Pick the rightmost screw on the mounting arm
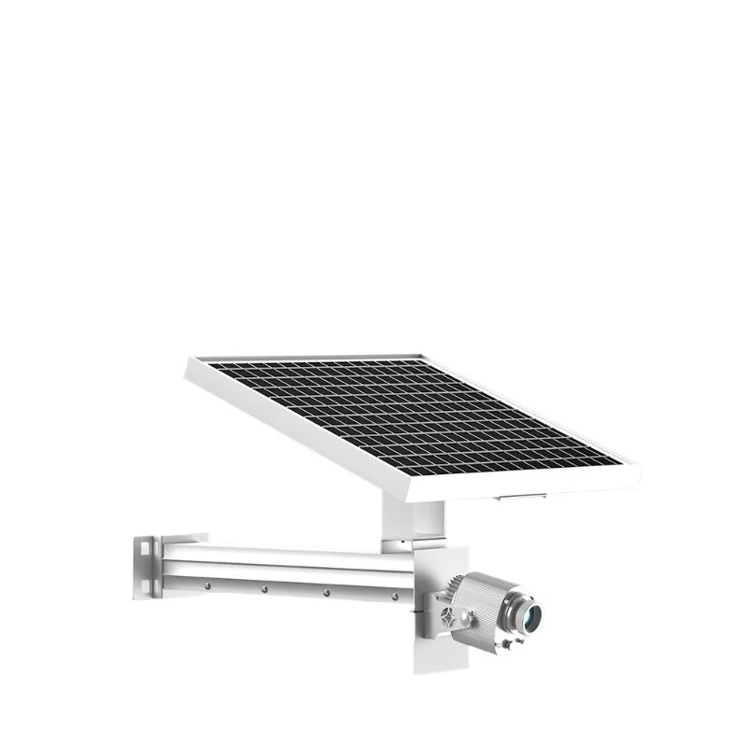pos(395,595)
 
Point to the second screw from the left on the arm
pos(265,589)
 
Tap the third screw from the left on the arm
pos(327,592)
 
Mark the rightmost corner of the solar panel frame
pos(641,467)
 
